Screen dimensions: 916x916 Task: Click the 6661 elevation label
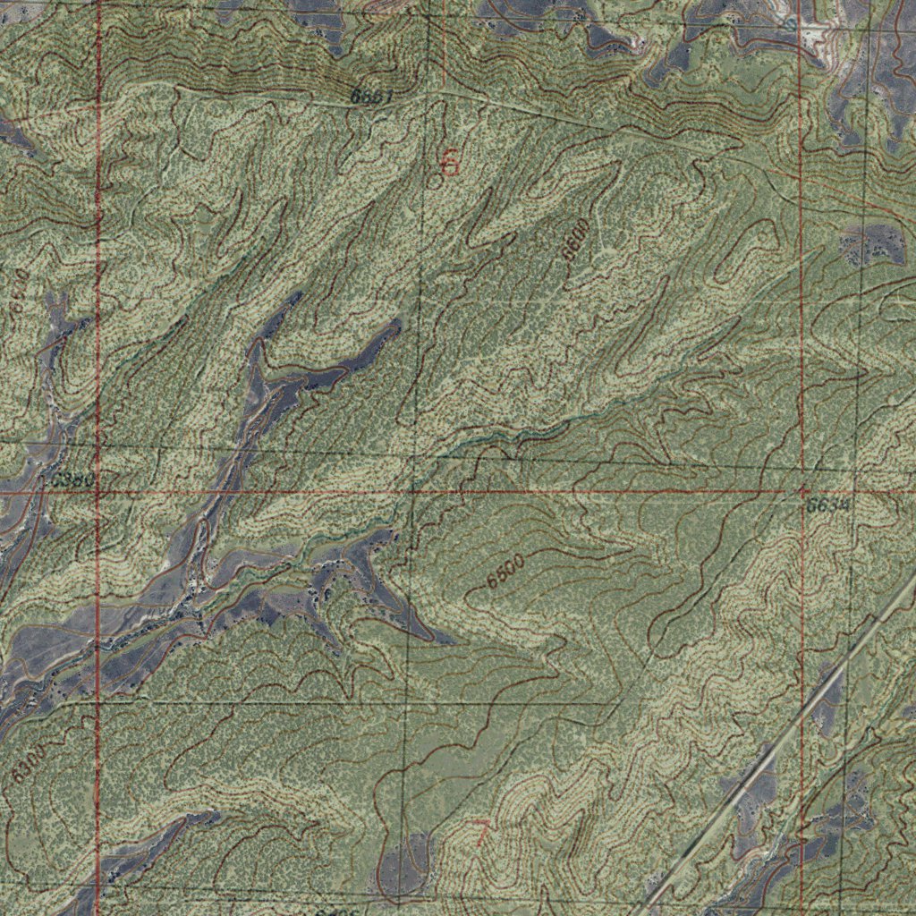(371, 97)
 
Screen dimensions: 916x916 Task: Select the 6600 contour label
(577, 239)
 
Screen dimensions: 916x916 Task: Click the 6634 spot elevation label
(827, 505)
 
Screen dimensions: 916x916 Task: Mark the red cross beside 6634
(802, 491)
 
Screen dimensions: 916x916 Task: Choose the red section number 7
(481, 834)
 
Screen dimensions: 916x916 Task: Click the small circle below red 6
(436, 182)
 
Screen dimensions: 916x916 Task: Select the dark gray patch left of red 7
(404, 863)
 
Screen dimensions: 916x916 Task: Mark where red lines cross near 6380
(98, 492)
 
